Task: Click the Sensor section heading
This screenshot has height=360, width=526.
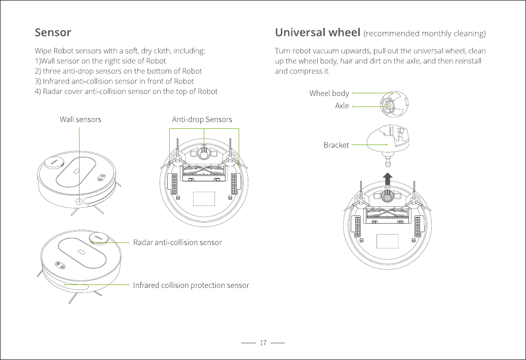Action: [x=53, y=33]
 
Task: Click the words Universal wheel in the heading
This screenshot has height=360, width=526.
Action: [x=317, y=33]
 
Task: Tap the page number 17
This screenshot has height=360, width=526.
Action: [x=263, y=343]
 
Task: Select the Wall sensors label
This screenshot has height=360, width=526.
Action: [x=81, y=120]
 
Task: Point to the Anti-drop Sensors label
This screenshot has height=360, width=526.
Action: [x=202, y=120]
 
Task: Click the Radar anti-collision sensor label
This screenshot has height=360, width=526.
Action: [x=177, y=242]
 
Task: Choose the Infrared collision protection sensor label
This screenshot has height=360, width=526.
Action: [x=191, y=285]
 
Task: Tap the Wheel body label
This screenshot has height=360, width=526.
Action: [x=329, y=93]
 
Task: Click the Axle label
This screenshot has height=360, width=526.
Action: [x=342, y=106]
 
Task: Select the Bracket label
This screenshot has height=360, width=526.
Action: [x=336, y=145]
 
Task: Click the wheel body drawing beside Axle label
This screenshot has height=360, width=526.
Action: [x=394, y=104]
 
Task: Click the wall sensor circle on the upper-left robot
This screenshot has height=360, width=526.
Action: [x=80, y=201]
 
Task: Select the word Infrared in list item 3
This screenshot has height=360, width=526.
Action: [x=56, y=81]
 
